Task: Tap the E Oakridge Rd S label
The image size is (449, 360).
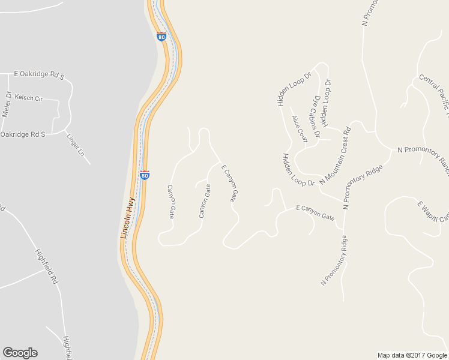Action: (x=39, y=75)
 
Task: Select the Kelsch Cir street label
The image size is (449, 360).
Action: (x=29, y=97)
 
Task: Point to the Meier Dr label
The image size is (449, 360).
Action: (x=7, y=104)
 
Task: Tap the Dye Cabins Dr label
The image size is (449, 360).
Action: (x=315, y=112)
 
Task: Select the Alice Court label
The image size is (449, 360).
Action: (x=299, y=128)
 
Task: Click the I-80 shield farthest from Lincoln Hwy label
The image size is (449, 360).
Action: (x=161, y=36)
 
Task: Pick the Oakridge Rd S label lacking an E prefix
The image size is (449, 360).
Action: (x=23, y=134)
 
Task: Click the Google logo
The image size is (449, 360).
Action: (x=20, y=353)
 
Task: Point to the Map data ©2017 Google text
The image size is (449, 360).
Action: (x=412, y=355)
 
